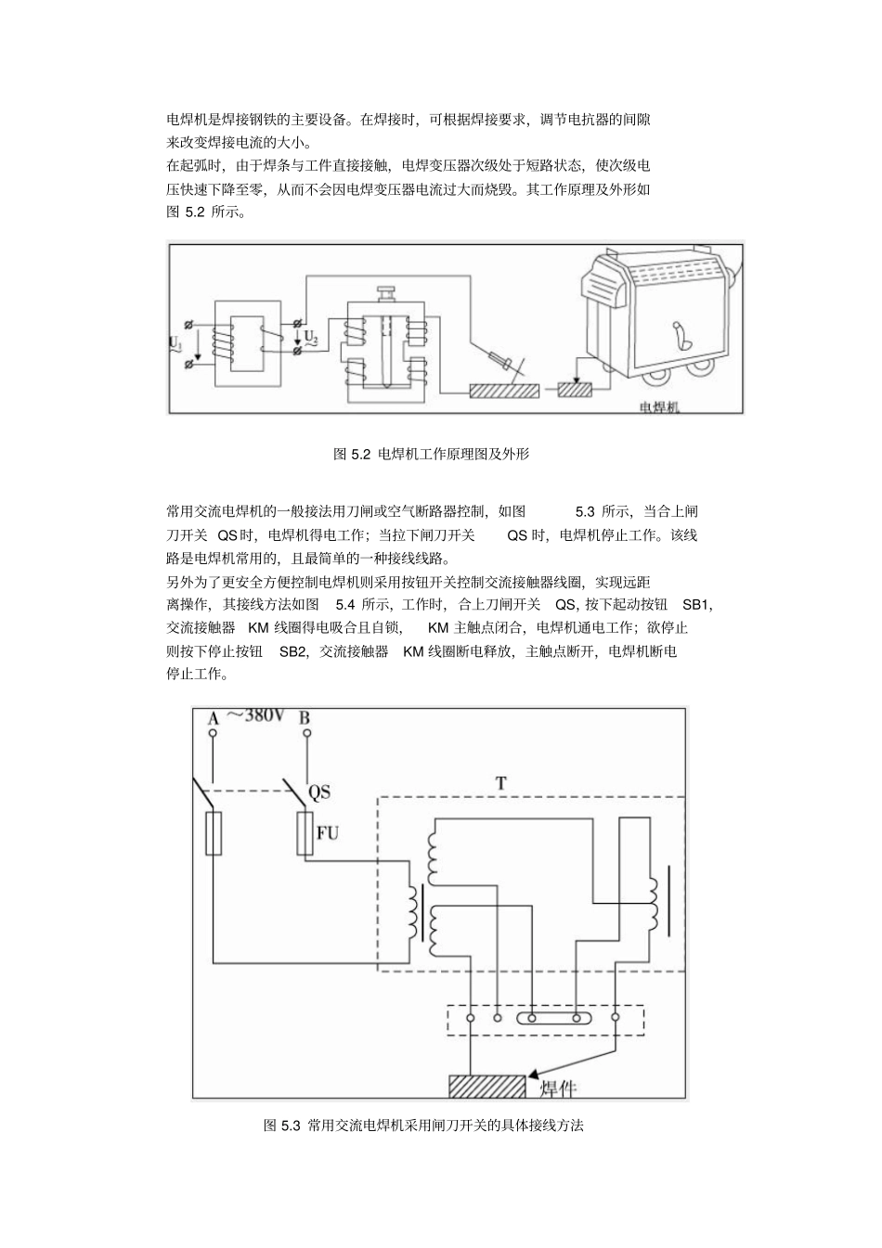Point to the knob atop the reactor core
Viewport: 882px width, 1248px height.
click(385, 293)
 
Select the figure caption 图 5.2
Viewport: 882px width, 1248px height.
click(431, 455)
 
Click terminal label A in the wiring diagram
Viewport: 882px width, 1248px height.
click(212, 719)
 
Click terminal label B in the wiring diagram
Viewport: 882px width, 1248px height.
click(305, 718)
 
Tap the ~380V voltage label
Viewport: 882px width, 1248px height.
click(255, 715)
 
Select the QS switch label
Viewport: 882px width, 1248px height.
click(318, 791)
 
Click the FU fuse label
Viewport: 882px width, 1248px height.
click(327, 832)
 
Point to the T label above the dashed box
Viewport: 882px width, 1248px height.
click(500, 783)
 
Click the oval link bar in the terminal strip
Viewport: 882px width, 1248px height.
click(555, 1018)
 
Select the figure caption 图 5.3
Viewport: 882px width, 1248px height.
click(423, 1126)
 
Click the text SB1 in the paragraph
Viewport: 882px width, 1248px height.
click(696, 605)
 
